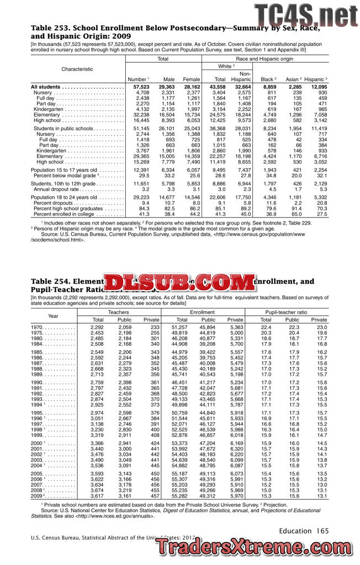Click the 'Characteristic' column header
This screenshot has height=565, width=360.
[x=77, y=69]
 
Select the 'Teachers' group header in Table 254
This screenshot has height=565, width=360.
[x=118, y=312]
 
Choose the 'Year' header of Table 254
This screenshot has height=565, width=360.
[x=53, y=316]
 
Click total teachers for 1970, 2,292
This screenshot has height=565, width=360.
[x=97, y=328]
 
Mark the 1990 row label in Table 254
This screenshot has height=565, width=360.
[x=38, y=382]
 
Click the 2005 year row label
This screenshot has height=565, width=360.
[x=38, y=473]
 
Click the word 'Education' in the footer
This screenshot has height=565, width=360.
[x=295, y=531]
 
